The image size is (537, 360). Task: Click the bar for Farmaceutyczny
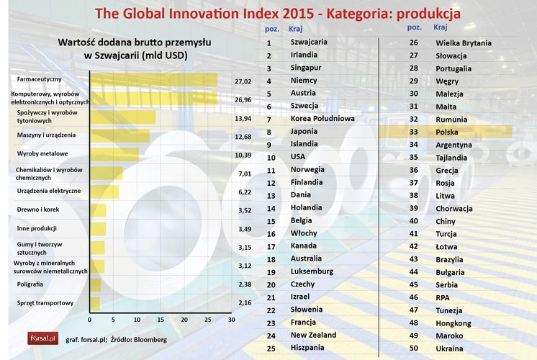pyautogui.click(x=153, y=79)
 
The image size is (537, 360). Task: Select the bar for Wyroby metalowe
pyautogui.click(x=114, y=153)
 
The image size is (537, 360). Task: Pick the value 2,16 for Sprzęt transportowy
pyautogui.click(x=245, y=303)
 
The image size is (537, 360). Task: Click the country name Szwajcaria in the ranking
pyautogui.click(x=308, y=42)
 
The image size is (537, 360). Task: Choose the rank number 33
pyautogui.click(x=413, y=132)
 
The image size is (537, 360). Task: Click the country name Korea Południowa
pyautogui.click(x=321, y=118)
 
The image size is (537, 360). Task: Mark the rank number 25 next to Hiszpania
pyautogui.click(x=268, y=348)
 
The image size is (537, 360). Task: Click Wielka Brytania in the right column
pyautogui.click(x=464, y=42)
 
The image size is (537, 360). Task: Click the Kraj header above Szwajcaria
pyautogui.click(x=295, y=28)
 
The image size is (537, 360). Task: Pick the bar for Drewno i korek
pyautogui.click(x=98, y=210)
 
